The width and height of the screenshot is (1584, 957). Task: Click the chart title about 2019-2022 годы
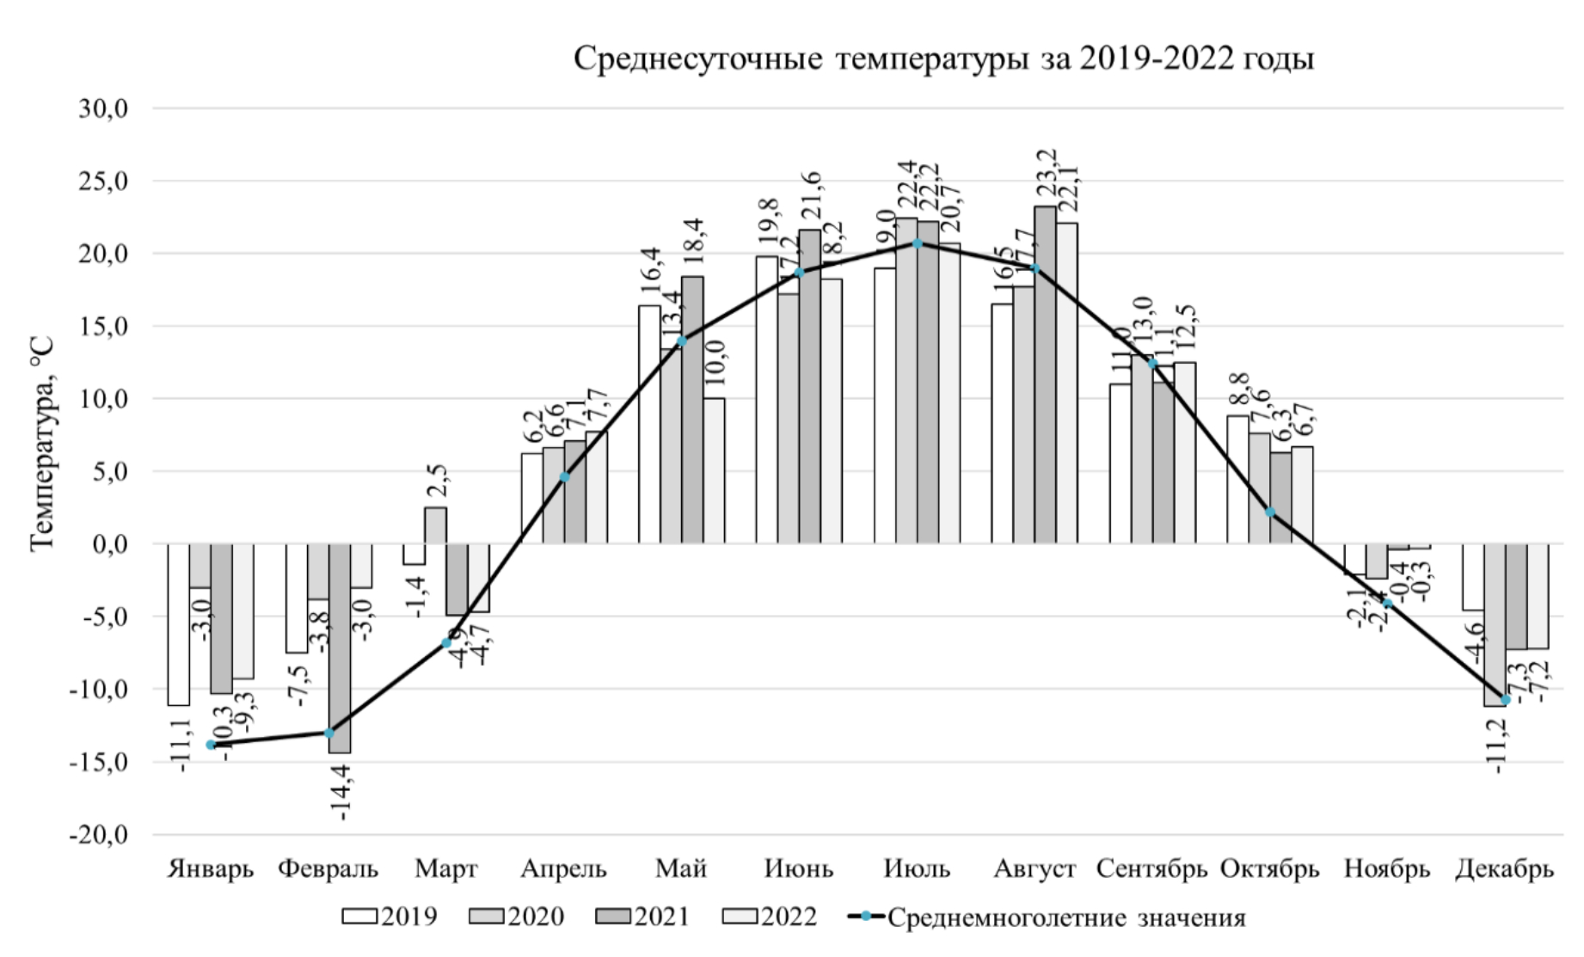pos(943,59)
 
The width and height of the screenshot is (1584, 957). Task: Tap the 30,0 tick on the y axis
pos(103,109)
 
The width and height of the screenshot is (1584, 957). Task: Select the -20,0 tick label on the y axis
pos(99,835)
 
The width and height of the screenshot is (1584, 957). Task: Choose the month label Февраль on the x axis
pos(328,868)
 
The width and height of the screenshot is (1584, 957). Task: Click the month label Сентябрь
pos(1151,868)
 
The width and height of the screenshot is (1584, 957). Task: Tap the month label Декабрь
pos(1504,868)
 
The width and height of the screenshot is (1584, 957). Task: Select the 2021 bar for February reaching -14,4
pos(339,648)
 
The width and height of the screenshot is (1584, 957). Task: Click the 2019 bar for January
pos(179,624)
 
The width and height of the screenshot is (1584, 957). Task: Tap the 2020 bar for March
pos(435,525)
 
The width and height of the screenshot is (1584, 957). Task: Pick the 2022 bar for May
pos(714,470)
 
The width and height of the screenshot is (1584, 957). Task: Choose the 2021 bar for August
pos(1045,375)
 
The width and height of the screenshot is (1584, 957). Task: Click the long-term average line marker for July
pos(918,243)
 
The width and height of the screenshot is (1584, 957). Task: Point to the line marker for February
pos(328,733)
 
